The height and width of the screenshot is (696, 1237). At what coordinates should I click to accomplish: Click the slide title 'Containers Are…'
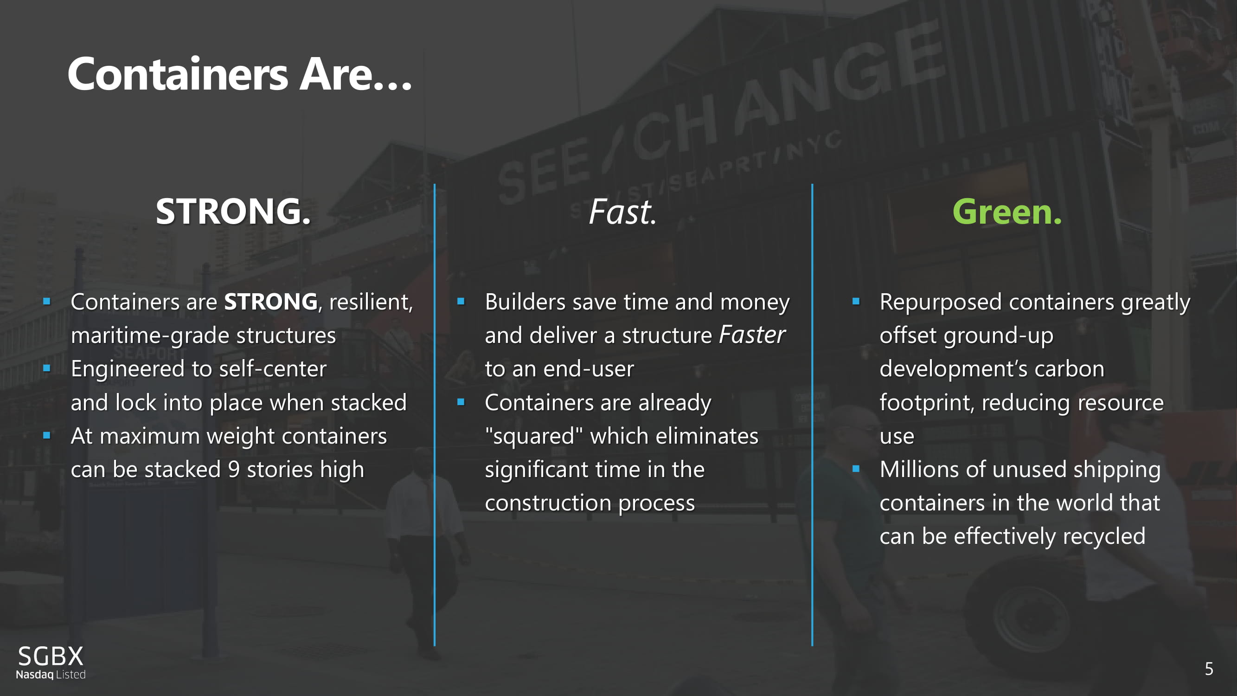click(240, 74)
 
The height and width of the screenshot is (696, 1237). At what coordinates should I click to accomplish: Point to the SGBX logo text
click(51, 656)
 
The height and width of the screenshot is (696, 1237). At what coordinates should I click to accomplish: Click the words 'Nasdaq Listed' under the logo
click(51, 674)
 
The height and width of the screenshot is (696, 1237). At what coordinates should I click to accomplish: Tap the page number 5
click(1209, 669)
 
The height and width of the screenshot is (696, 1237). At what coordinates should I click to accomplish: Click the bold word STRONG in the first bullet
click(271, 302)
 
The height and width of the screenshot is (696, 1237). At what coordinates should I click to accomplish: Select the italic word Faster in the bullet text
click(752, 335)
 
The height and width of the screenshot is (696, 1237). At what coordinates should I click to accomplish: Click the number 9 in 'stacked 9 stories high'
click(234, 469)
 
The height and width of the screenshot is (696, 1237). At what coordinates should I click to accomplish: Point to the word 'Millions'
click(916, 469)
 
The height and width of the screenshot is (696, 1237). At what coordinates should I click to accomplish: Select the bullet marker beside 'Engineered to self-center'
click(46, 368)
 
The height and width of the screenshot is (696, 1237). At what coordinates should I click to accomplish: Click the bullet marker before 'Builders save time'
click(461, 302)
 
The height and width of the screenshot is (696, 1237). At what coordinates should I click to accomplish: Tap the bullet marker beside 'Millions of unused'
click(856, 469)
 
